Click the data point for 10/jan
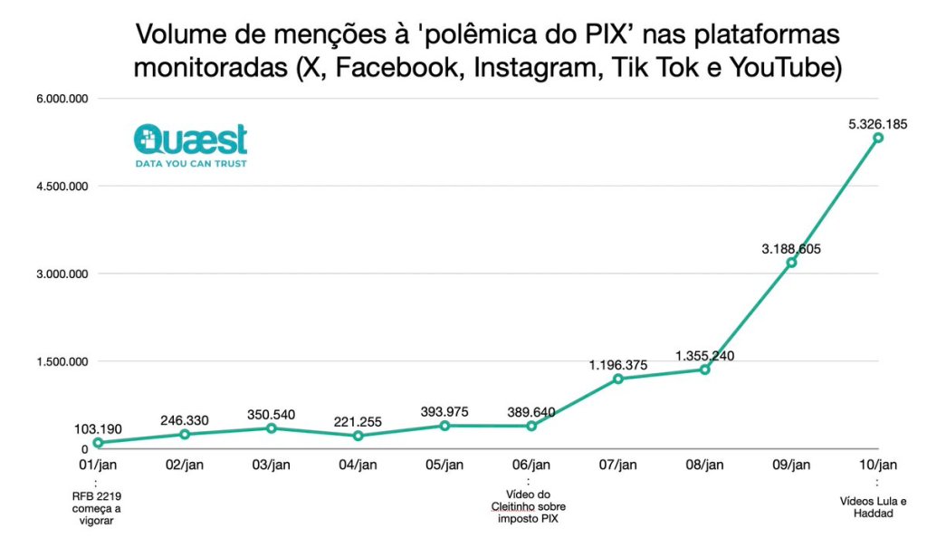point(877,138)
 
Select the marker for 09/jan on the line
point(791,263)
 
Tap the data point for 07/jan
point(618,379)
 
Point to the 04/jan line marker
point(358,436)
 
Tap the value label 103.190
point(98,428)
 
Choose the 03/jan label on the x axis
point(271,465)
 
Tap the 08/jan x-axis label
point(704,465)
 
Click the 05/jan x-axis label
point(444,465)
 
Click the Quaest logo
point(190,145)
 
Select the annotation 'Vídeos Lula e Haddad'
point(873,507)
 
